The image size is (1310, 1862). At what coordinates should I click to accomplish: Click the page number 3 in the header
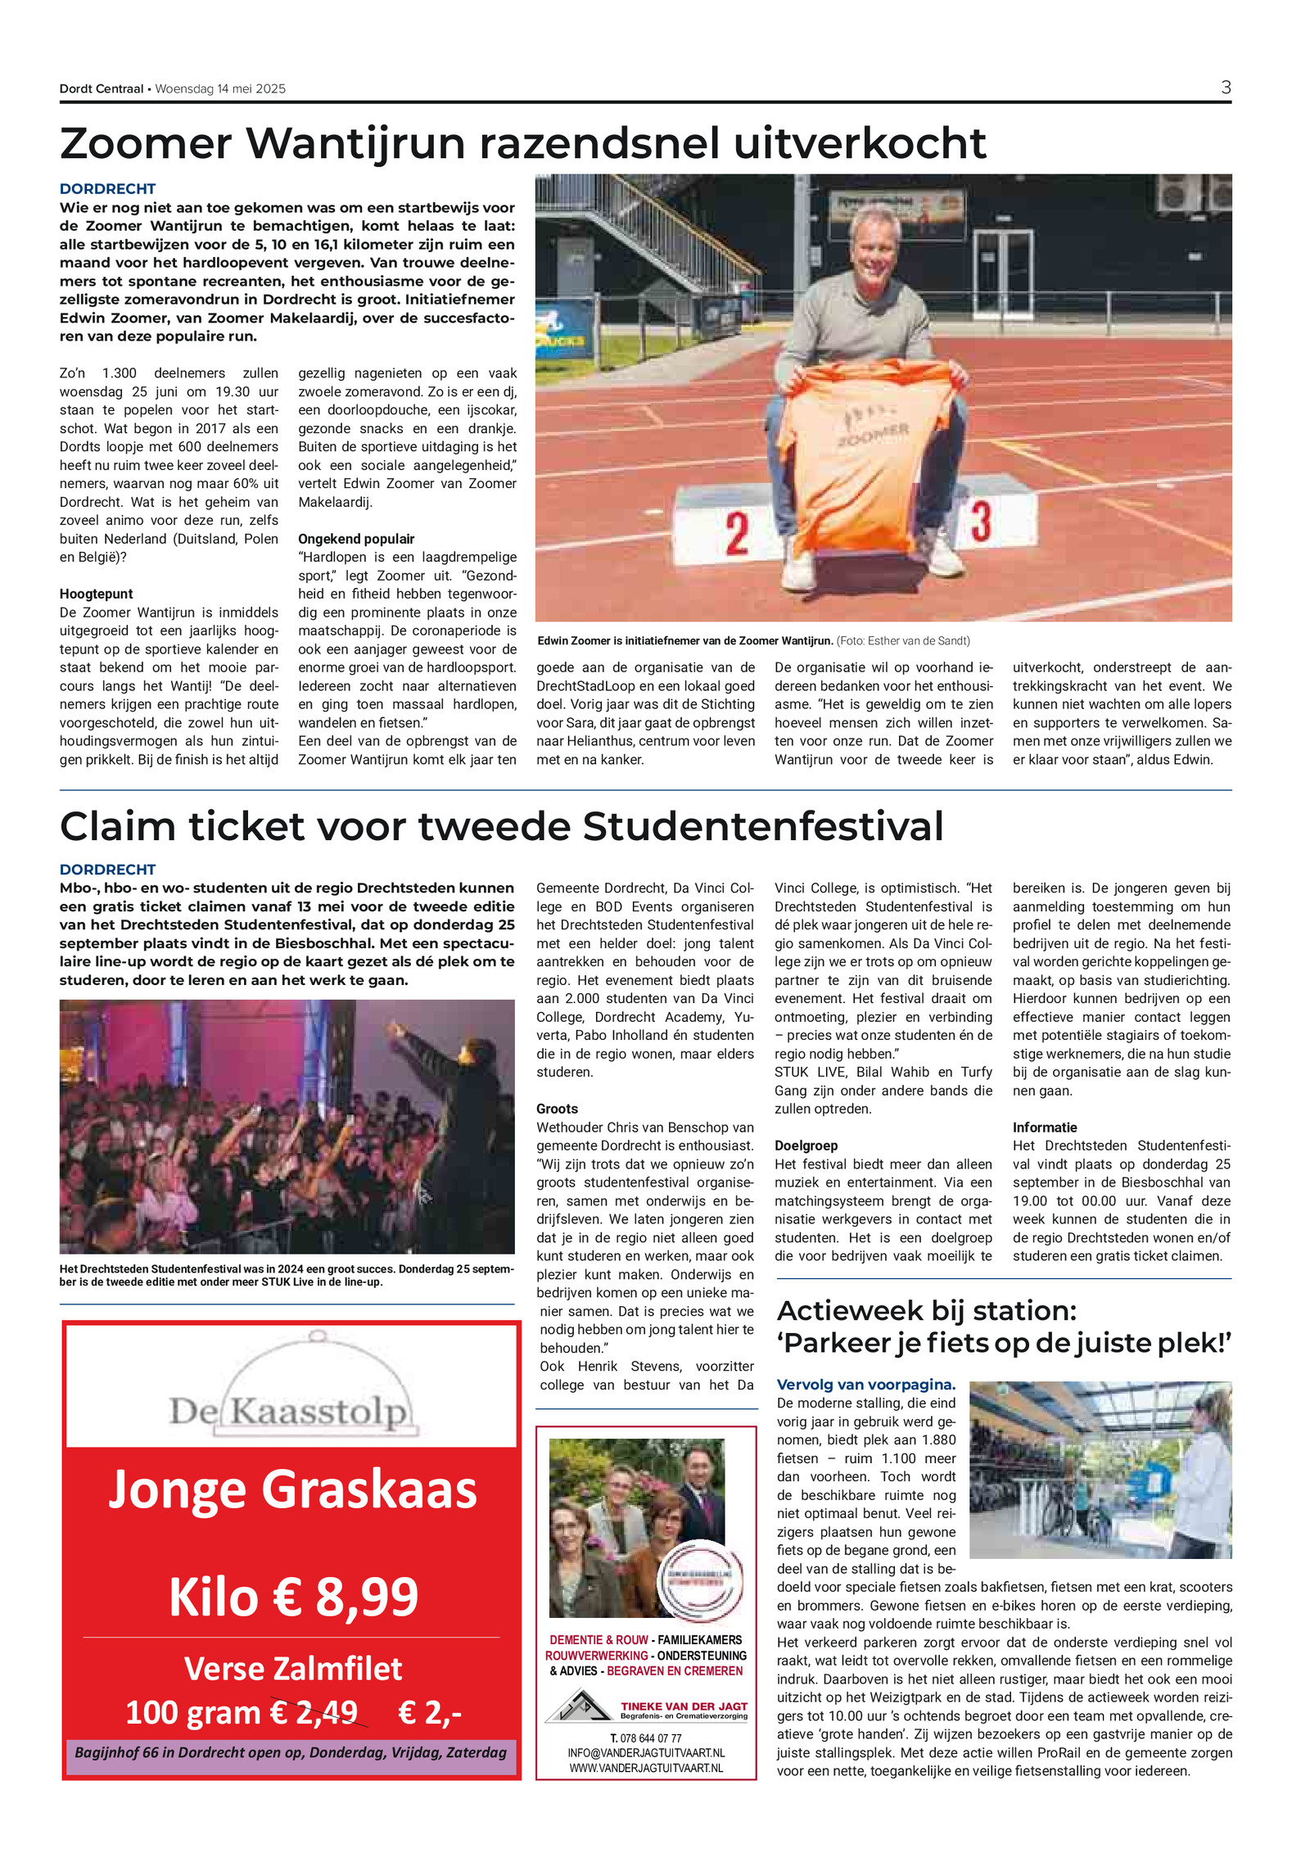1225,88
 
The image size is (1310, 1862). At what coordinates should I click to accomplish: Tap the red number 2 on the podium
737,533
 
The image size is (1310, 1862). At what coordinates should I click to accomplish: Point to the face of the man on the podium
873,244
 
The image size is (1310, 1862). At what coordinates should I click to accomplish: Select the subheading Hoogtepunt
96,594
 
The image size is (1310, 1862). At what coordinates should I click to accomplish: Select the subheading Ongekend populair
355,539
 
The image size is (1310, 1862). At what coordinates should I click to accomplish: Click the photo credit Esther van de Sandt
918,641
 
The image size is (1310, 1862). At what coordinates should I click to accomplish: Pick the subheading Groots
557,1109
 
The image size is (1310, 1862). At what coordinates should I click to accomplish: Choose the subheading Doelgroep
806,1146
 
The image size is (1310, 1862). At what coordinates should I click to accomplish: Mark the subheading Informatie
1045,1128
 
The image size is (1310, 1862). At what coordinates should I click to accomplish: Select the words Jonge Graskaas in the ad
292,1489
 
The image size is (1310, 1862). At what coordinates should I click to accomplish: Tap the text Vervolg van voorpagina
865,1385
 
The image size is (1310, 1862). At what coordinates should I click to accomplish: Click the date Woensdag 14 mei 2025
220,89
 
